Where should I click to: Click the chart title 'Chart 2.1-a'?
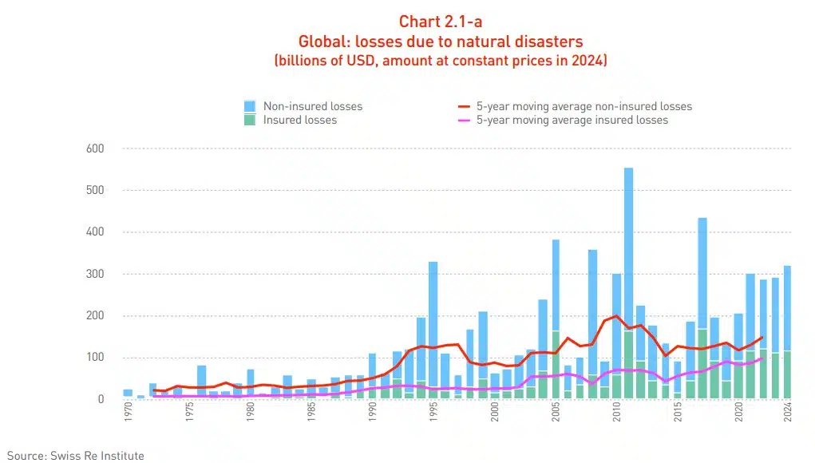coord(441,22)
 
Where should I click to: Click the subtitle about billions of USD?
coord(441,61)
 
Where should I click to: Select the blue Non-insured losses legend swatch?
coord(250,106)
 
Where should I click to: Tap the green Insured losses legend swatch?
coord(250,120)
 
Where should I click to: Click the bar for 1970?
coord(128,394)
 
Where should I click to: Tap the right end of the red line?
coord(762,337)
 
